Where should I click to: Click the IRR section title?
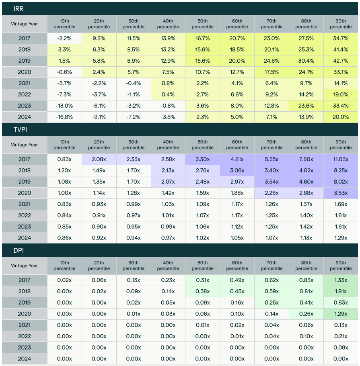pos(19,9)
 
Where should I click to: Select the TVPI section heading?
pos(20,129)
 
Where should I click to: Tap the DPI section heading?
pos(19,250)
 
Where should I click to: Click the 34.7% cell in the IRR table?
pos(341,38)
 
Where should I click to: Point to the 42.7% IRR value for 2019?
pos(341,61)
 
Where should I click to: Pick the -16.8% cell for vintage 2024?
pos(64,117)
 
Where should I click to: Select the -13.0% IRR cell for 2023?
pos(64,106)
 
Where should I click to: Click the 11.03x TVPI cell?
pos(341,159)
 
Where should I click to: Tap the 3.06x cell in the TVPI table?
pos(237,170)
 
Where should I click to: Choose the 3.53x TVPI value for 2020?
pos(341,193)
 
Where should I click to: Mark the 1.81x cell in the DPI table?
pos(341,291)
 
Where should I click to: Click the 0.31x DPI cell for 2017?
pos(202,280)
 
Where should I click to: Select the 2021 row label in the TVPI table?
pos(25,204)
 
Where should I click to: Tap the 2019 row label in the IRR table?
pos(25,61)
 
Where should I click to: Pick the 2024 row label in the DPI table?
pos(25,358)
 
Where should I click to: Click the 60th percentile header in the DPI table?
pos(237,266)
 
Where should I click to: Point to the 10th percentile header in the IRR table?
pos(64,24)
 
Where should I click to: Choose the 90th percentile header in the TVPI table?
pos(341,145)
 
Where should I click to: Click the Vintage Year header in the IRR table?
pos(25,24)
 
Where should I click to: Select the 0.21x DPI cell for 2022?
pos(341,336)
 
